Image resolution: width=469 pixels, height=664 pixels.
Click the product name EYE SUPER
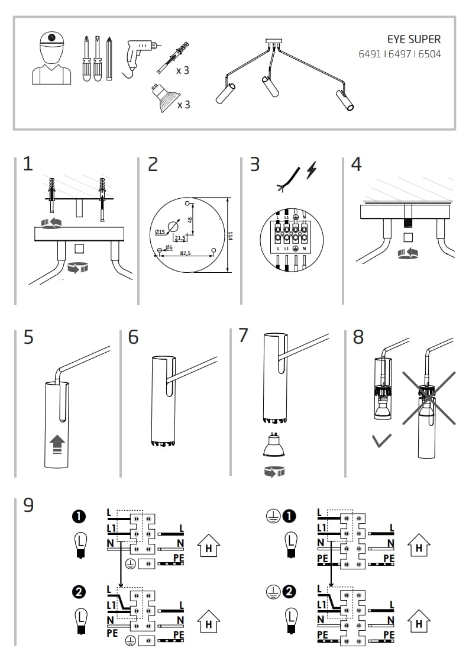coord(413,40)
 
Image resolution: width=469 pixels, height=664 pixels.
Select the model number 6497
coord(399,54)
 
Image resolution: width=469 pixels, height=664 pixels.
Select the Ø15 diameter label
coord(160,232)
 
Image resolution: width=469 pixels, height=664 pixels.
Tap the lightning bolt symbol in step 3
coord(311,171)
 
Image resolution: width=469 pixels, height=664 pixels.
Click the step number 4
coord(355,164)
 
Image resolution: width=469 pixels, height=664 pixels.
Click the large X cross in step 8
coord(429,398)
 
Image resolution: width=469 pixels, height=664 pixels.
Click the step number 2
coord(153,164)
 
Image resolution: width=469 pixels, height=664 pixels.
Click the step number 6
coord(133,337)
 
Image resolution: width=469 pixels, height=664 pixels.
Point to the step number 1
coord(28,164)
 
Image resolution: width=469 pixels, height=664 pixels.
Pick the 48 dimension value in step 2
coord(189,220)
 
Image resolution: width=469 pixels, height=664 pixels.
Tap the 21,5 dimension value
coord(180,237)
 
